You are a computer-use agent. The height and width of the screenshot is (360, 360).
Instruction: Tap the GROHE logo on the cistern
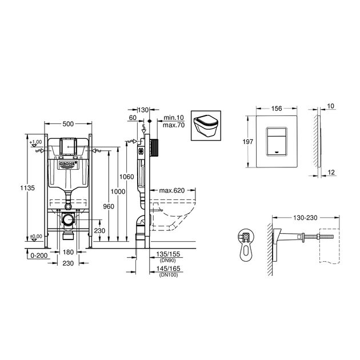[69, 166]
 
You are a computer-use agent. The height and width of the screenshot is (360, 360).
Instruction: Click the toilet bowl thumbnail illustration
[206, 125]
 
